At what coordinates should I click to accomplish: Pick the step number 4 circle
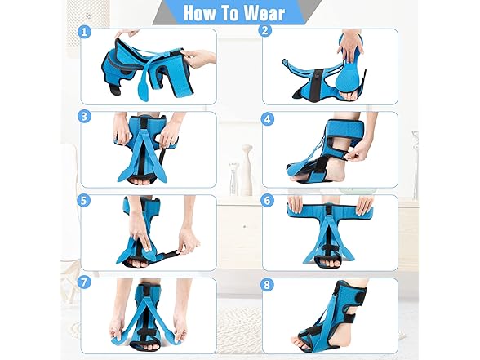(264, 117)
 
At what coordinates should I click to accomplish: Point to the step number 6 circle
(264, 199)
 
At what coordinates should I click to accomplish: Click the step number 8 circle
(264, 282)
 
